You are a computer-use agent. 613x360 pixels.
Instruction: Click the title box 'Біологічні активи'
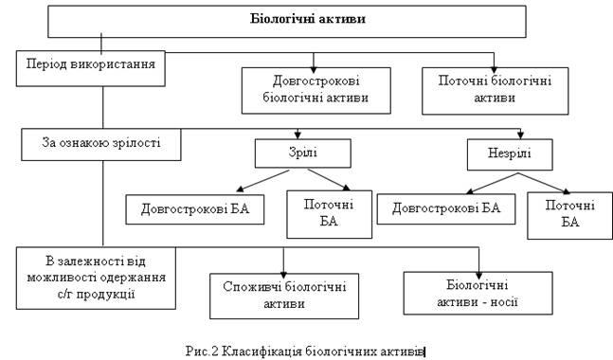[286, 22]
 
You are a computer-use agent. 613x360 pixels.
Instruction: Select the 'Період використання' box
[90, 68]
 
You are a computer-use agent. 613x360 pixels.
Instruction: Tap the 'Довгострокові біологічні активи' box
[316, 91]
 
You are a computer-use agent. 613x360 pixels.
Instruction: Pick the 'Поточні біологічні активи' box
[495, 91]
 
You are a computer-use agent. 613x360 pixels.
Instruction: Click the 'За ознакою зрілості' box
[101, 144]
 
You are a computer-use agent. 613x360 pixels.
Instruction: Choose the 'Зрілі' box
[303, 153]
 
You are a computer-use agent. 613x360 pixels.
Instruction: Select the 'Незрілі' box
[510, 154]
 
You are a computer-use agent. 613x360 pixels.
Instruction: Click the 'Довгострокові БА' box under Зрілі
[194, 209]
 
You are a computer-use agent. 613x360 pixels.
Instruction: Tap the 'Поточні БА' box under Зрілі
[329, 214]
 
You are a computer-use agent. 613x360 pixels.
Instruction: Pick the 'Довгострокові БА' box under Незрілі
[446, 208]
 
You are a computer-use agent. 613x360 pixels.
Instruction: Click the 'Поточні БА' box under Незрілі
[570, 215]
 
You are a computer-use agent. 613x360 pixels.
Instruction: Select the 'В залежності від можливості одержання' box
[96, 278]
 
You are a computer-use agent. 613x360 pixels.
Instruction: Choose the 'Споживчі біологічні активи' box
[284, 296]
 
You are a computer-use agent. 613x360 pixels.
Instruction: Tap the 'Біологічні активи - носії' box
[478, 293]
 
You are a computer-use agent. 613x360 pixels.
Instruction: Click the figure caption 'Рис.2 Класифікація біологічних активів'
[305, 351]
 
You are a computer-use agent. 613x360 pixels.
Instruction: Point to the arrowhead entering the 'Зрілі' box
[297, 135]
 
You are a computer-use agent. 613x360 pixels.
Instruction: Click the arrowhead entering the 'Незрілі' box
[520, 135]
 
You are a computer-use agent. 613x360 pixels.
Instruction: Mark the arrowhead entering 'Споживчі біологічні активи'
[283, 275]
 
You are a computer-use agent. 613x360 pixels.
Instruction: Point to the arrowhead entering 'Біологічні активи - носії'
[478, 276]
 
